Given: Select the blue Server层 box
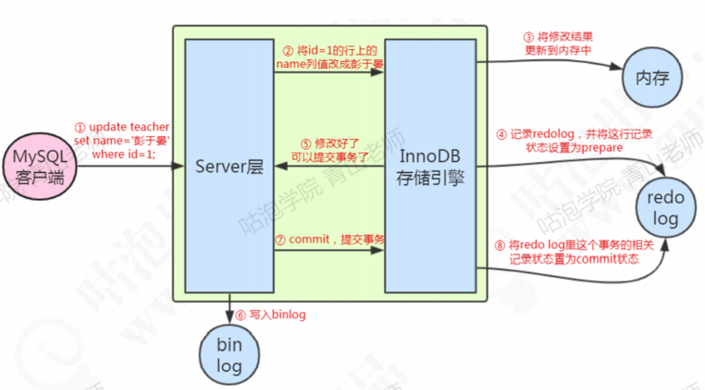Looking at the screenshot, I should point(229,167).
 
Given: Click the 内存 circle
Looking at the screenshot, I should point(644,78).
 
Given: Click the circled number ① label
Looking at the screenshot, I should point(80,127).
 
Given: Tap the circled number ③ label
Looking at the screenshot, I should point(529,38).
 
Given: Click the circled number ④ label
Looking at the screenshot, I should point(503,134).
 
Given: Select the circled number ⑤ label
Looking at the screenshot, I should point(305,142).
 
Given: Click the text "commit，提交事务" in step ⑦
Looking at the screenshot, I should point(336,239).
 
